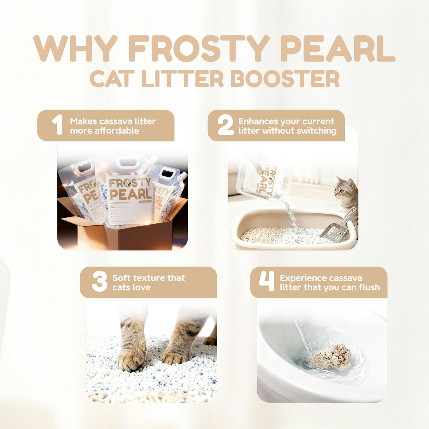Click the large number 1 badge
58,125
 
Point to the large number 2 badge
226,125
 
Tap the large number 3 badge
99,282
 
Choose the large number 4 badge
267,282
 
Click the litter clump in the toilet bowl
331,356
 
